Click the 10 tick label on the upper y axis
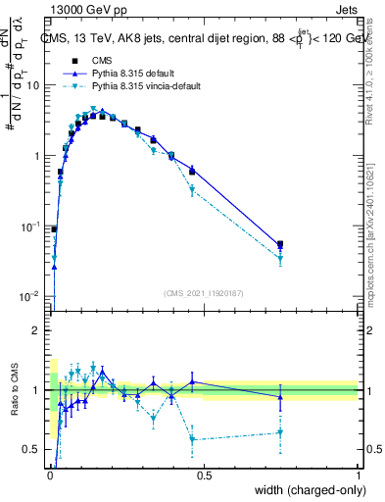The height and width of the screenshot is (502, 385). (x=32, y=85)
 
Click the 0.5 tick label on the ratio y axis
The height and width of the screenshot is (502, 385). (x=31, y=450)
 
